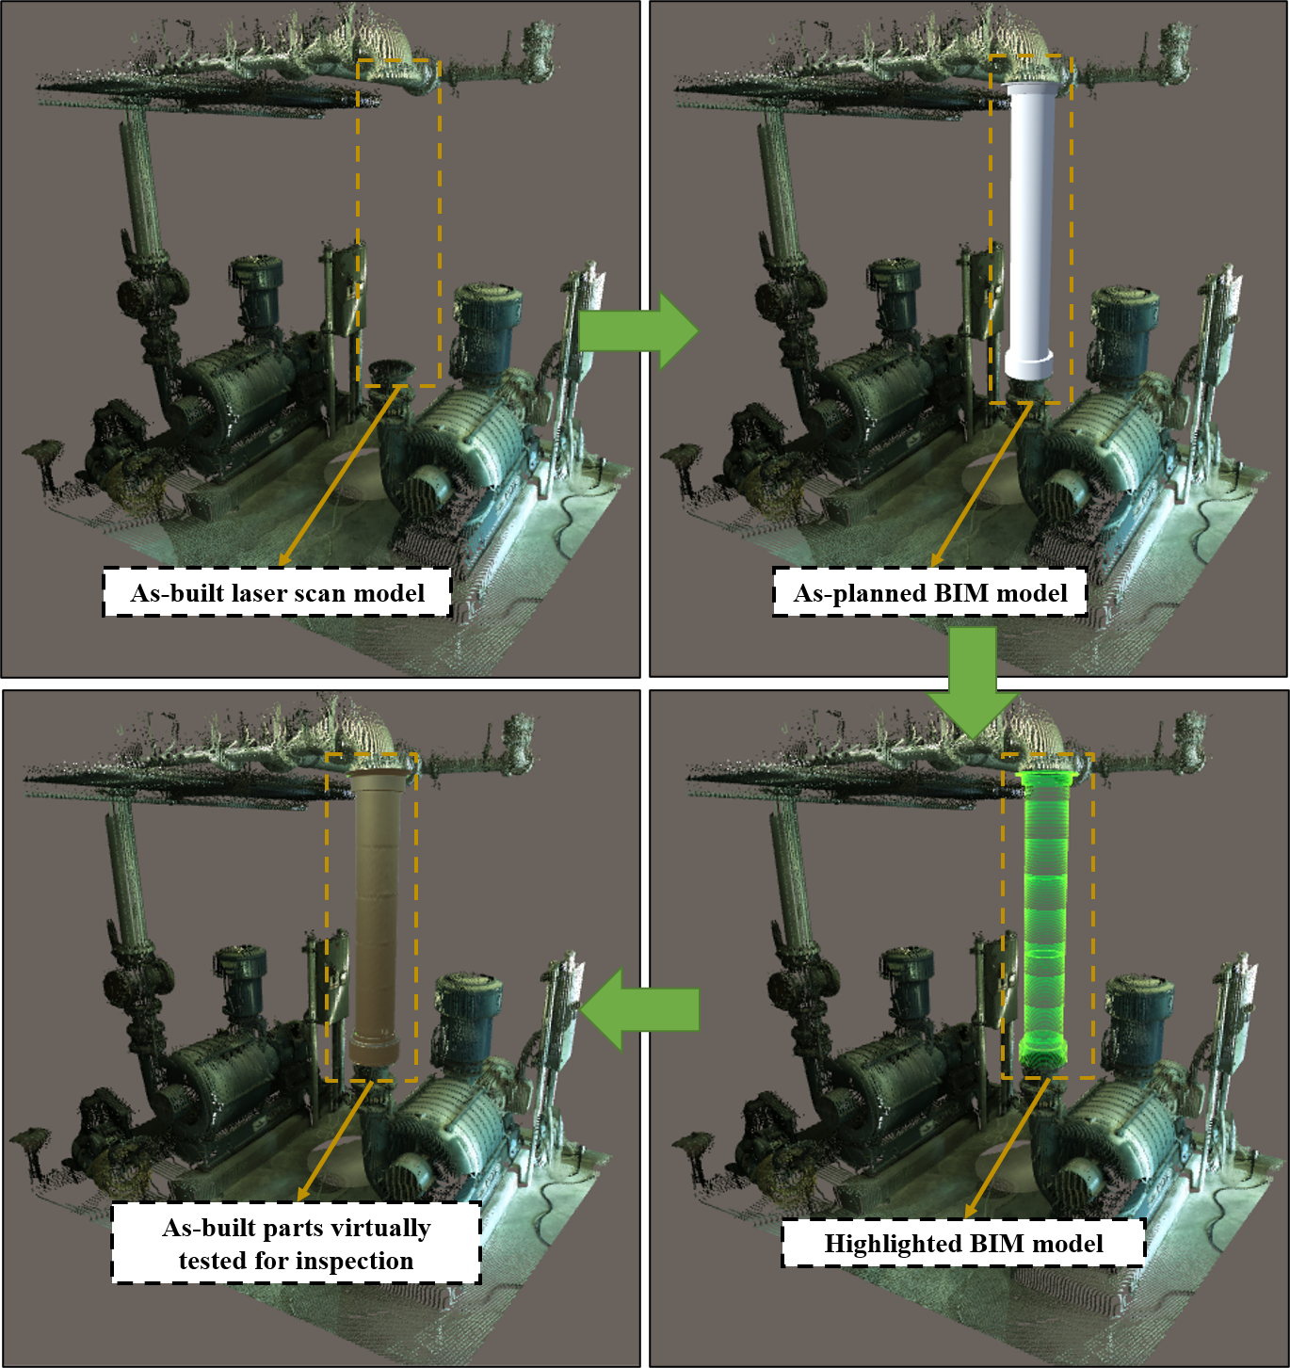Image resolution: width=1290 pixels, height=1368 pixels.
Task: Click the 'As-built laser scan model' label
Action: coord(277,592)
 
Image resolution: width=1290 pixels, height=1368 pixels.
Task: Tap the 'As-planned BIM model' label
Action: coord(929,592)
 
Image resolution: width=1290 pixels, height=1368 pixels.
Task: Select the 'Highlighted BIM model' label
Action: coord(963,1244)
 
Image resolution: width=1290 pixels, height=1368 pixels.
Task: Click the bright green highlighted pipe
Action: coord(1044,916)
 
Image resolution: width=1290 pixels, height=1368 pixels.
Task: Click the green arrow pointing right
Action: coord(638,330)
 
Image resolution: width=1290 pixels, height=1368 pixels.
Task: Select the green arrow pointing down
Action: coord(972,682)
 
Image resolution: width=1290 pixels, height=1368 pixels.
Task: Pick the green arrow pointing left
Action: coord(639,1009)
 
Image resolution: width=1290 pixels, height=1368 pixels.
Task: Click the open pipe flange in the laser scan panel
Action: coord(392,372)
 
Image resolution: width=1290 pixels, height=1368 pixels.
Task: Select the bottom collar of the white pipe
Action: coord(1029,363)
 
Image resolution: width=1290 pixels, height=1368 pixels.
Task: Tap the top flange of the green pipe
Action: coord(1044,778)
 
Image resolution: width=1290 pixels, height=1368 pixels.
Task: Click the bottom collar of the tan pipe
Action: coord(374,1049)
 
